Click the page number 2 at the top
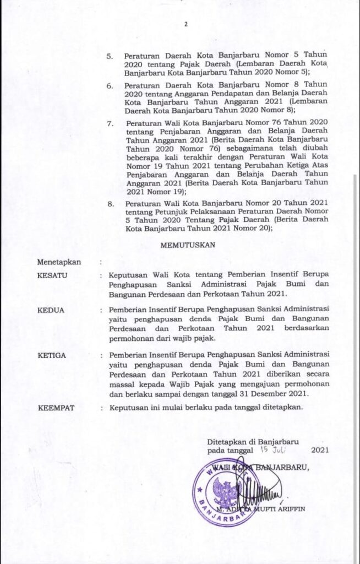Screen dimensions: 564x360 tap(186, 24)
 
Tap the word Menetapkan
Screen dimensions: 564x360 tap(59, 262)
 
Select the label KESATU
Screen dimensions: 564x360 tap(53, 274)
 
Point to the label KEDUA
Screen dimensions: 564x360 tap(51, 310)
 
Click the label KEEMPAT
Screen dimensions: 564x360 tap(57, 409)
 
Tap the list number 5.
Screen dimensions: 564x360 tap(109, 57)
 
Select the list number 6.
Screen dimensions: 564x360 tap(109, 86)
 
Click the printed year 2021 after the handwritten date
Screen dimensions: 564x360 tap(320, 451)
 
